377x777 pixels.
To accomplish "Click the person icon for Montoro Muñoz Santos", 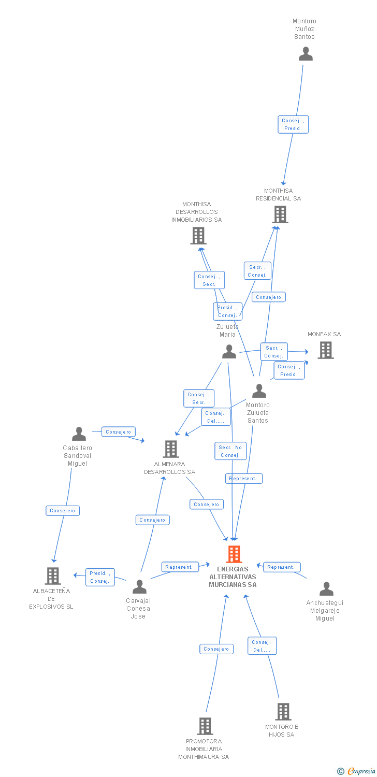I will point(306,54).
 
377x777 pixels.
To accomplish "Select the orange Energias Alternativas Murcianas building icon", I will point(234,554).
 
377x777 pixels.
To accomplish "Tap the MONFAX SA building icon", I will point(325,350).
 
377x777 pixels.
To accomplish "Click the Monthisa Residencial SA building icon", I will point(280,214).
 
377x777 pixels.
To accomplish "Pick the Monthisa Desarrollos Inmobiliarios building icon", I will point(198,236).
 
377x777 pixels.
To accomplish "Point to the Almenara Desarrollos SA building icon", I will point(170,449).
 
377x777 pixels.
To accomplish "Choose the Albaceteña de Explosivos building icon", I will point(52,575).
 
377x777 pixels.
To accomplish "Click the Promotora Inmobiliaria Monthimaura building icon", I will point(205,726).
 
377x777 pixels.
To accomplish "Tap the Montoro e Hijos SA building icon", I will point(283,712).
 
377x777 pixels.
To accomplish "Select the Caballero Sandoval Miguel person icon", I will point(79,434).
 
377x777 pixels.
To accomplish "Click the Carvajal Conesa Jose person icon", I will point(139,586).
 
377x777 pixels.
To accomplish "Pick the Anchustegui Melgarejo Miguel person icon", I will point(326,589).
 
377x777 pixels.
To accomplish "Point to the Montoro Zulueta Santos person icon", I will point(258,391).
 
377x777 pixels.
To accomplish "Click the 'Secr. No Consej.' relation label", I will point(230,451).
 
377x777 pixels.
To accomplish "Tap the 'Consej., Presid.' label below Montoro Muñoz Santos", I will point(293,124).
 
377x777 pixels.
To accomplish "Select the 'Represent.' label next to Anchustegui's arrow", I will point(281,567).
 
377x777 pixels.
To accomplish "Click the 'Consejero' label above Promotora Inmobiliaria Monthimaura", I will point(216,649).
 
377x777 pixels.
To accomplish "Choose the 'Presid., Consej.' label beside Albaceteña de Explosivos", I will point(100,577).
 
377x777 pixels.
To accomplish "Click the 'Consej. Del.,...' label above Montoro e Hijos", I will point(262,646).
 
